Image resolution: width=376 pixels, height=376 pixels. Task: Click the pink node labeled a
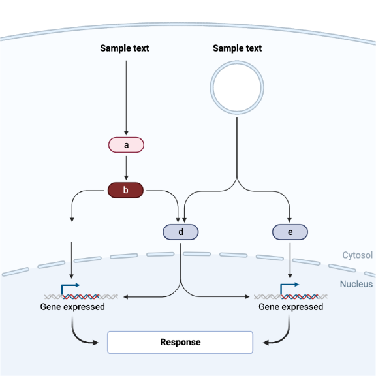pos(125,145)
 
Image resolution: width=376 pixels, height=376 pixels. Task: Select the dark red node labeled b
pos(125,191)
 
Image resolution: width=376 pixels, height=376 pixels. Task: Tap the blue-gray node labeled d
pos(180,232)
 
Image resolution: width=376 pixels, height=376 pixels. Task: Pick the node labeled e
pos(290,232)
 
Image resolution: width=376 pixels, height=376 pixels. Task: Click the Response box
pos(180,342)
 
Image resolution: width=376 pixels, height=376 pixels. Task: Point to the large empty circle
pos(236,87)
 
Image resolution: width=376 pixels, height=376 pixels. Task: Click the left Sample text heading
pos(125,48)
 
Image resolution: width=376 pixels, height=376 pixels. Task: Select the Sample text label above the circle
pos(237,48)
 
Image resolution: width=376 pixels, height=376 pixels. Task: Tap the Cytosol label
pos(357,255)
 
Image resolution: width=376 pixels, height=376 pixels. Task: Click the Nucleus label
pos(356,284)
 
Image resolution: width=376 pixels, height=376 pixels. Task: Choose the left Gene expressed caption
pos(72,307)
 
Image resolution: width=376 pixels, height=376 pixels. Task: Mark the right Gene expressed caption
pos(290,307)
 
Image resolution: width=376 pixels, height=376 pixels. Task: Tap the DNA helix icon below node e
pos(290,296)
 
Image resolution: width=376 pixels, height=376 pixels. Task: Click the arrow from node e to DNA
pos(290,261)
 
